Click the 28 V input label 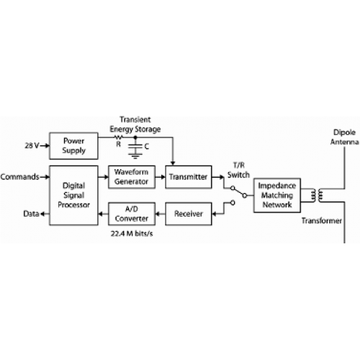(32, 145)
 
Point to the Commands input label (19, 177)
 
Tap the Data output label (31, 214)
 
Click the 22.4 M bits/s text (132, 233)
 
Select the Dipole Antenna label (345, 137)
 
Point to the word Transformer (322, 221)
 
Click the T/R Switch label (238, 170)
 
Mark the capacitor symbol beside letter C (135, 149)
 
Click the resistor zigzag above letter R (118, 138)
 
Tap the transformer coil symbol (317, 195)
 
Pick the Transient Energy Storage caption (135, 125)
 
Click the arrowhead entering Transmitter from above (173, 163)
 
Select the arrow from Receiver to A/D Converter (161, 214)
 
